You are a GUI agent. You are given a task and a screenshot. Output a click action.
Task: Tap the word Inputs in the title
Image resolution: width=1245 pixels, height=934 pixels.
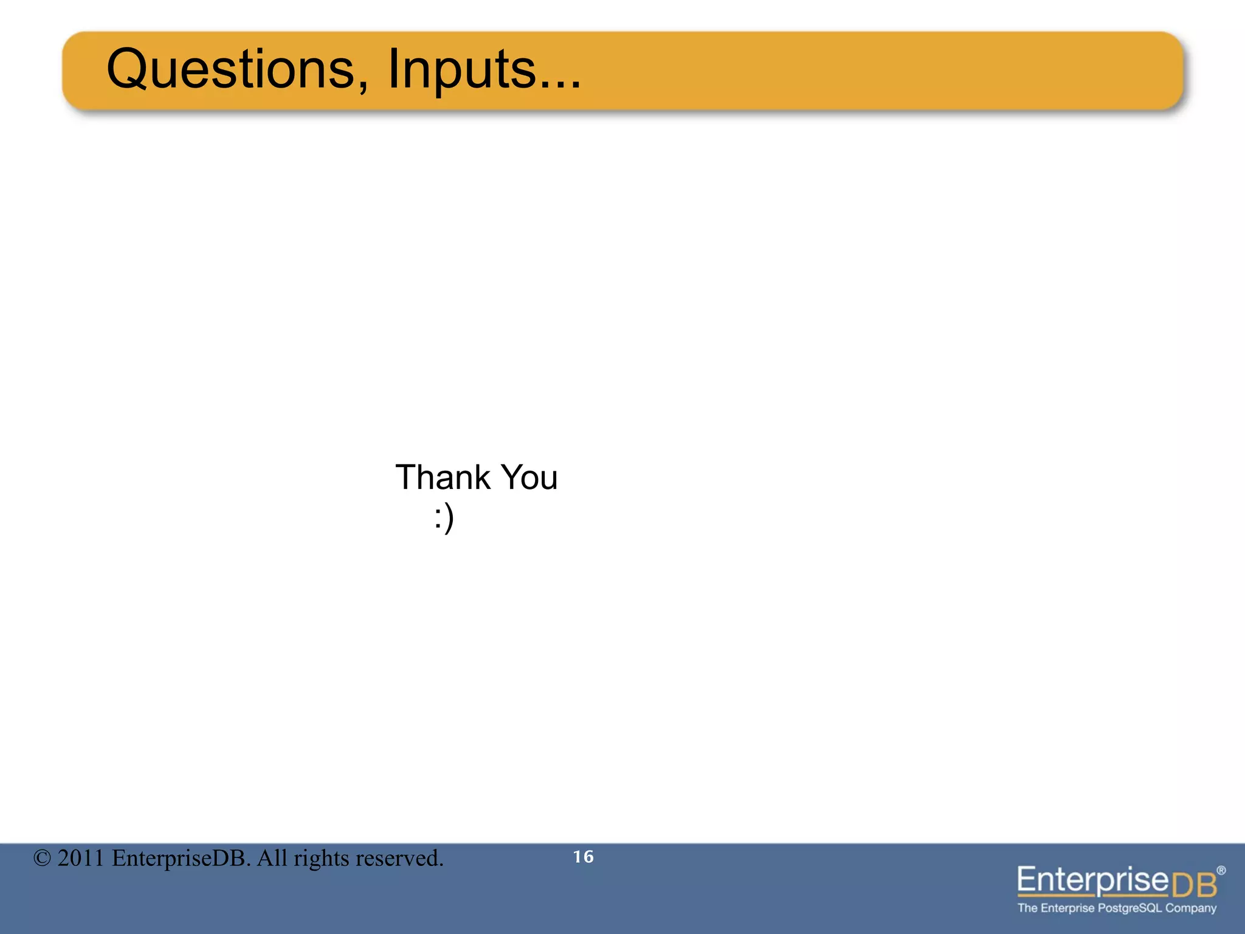tap(461, 69)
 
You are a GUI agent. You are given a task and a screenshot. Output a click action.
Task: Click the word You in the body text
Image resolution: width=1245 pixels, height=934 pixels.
tap(529, 477)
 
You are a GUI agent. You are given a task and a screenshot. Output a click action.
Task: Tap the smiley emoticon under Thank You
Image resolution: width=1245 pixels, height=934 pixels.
tap(444, 519)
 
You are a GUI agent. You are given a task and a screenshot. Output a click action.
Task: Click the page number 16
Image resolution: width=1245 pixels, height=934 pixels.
tap(583, 857)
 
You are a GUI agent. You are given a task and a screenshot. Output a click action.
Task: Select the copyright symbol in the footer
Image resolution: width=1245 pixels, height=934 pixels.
tap(42, 859)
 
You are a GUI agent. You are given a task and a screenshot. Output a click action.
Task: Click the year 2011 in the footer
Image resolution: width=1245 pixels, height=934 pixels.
tap(81, 859)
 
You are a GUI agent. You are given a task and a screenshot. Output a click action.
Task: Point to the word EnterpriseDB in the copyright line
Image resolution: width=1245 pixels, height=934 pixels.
tap(181, 859)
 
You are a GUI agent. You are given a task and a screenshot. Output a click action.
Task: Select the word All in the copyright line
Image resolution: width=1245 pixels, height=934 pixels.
tap(271, 859)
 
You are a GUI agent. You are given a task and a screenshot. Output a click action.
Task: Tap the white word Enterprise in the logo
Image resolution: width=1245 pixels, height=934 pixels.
tap(1093, 880)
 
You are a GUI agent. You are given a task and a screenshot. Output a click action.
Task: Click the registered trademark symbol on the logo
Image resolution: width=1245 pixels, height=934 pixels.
tap(1221, 870)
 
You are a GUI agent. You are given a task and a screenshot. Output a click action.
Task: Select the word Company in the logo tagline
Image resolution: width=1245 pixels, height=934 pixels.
tap(1191, 908)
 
